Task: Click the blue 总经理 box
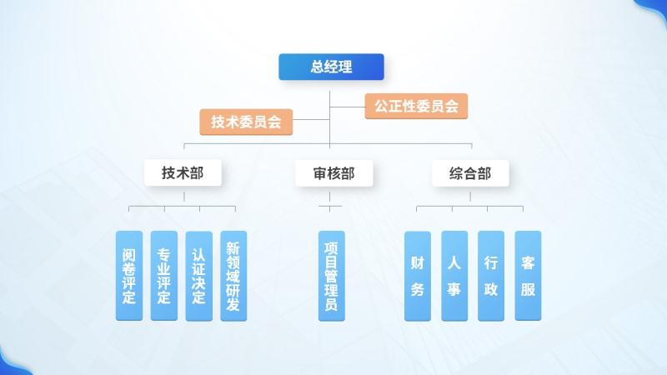[x=331, y=67]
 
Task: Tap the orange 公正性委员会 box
[x=416, y=106]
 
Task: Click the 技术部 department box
[x=183, y=173]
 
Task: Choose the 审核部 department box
[x=333, y=173]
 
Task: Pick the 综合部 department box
[x=469, y=173]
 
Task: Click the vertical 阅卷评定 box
[x=128, y=276]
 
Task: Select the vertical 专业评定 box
[x=163, y=276]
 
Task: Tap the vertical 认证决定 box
[x=198, y=276]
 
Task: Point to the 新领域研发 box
[x=233, y=276]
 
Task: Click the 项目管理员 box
[x=331, y=276]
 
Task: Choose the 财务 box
[x=418, y=276]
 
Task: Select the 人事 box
[x=454, y=276]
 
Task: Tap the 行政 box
[x=491, y=276]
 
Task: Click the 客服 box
[x=528, y=276]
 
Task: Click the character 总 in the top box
[x=318, y=67]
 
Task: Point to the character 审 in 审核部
[x=320, y=173]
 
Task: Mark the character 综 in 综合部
[x=456, y=173]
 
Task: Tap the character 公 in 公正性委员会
[x=381, y=106]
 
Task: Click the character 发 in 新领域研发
[x=233, y=305]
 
